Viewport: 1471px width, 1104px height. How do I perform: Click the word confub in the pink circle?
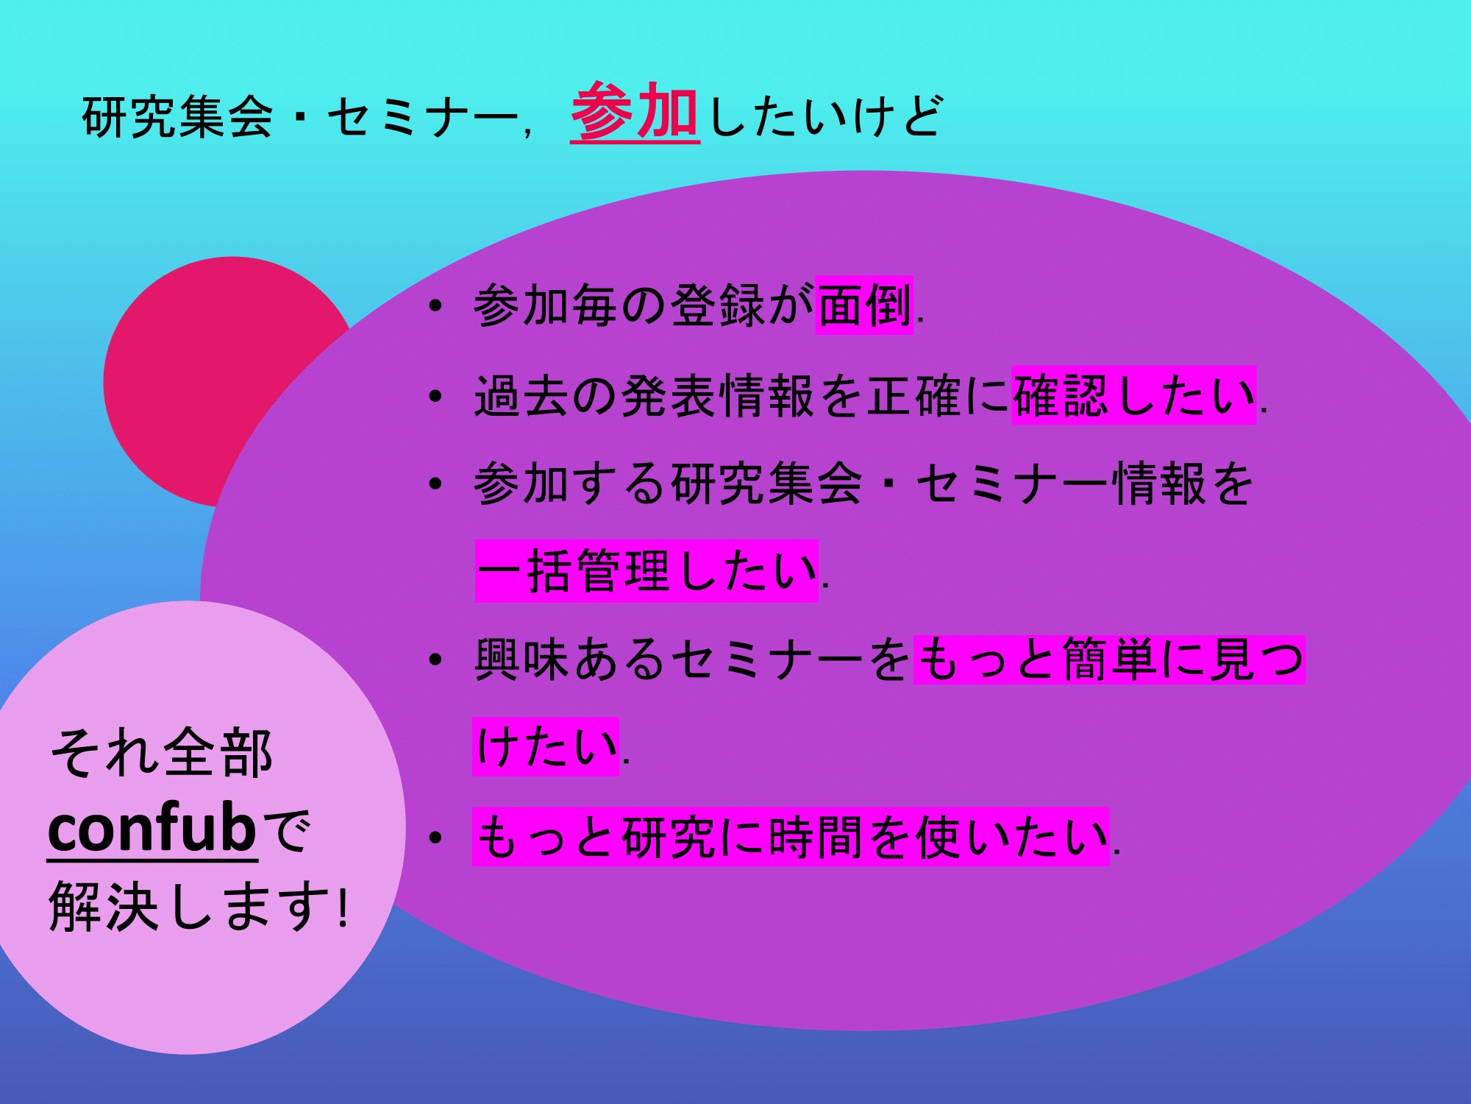pos(152,828)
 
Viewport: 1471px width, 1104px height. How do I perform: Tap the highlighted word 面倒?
pos(864,305)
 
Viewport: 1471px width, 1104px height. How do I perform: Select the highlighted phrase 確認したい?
pos(1133,395)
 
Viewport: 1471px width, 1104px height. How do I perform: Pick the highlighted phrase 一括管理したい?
pos(647,572)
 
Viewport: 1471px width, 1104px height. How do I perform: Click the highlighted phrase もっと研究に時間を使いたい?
pos(791,837)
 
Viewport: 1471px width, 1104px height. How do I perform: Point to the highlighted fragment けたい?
pos(546,746)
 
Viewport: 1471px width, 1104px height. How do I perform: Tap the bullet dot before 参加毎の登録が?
pos(435,306)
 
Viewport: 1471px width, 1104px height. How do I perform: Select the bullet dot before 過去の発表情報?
pos(435,396)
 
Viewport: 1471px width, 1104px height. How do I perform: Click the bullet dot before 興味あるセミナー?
pos(435,659)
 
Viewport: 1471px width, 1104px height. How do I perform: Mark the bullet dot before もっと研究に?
pos(435,838)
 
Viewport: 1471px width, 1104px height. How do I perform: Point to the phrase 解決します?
pos(188,907)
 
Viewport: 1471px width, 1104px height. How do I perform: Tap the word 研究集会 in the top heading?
pos(177,117)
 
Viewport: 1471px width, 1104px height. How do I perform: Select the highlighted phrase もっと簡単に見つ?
pos(1109,659)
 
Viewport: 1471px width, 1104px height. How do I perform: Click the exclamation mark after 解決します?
pos(343,908)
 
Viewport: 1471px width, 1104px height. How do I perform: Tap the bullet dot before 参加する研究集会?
pos(435,484)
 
